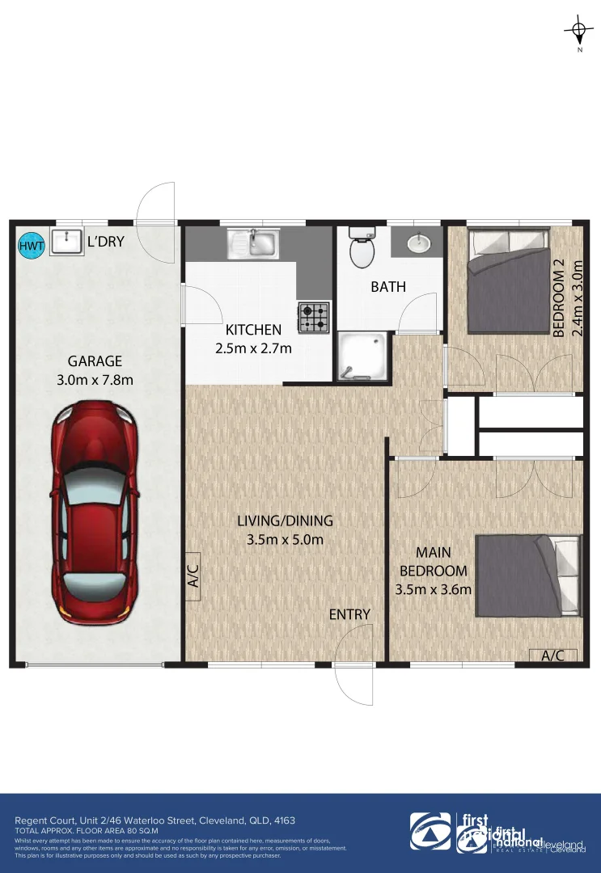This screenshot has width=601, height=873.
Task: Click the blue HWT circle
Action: click(32, 246)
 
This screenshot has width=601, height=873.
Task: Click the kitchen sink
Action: click(254, 242)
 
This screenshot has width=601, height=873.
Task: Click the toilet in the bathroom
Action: click(361, 247)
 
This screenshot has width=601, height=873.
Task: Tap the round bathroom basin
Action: click(418, 242)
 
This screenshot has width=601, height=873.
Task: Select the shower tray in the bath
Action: click(362, 356)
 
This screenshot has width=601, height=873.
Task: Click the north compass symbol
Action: click(578, 32)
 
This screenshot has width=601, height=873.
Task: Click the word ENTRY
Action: click(349, 614)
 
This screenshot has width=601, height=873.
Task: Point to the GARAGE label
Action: click(95, 361)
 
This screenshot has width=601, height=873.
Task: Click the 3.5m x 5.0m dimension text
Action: click(286, 539)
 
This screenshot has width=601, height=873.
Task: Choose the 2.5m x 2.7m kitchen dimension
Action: click(253, 348)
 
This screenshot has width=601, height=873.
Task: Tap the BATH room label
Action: click(388, 286)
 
